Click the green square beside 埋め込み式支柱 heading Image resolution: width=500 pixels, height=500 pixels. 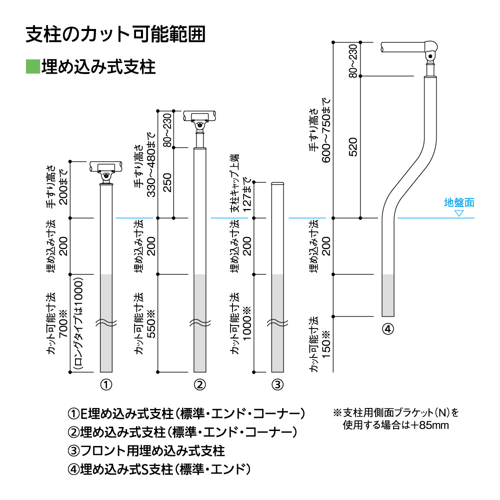(32, 66)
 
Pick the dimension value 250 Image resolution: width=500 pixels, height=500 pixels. (167, 183)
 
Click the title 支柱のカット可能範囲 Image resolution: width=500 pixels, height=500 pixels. (115, 34)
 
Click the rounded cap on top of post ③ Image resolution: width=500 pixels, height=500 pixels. (277, 184)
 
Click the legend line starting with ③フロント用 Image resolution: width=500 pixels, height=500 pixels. (146, 450)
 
